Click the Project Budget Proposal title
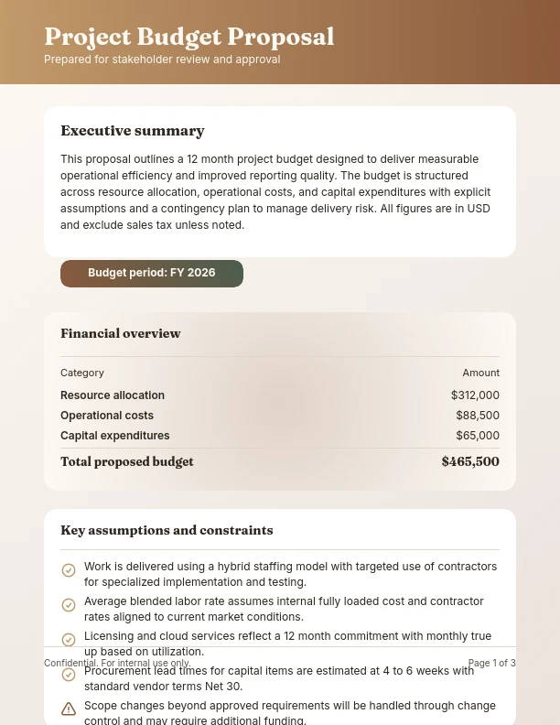[x=189, y=37]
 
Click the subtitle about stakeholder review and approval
[x=162, y=60]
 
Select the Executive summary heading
[x=133, y=131]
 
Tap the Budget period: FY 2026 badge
[x=152, y=273]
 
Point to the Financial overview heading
[x=121, y=333]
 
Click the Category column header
[x=82, y=373]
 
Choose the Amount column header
[x=480, y=373]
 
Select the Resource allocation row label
[x=113, y=395]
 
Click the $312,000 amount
[x=475, y=395]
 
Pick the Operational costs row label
[x=107, y=416]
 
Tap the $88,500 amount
[x=478, y=416]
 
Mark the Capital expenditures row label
[x=115, y=436]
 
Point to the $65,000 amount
[x=478, y=436]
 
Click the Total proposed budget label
[x=127, y=461]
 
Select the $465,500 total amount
[x=470, y=461]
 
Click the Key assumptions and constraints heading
[x=167, y=530]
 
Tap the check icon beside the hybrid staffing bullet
[x=69, y=570]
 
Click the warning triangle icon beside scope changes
[x=69, y=709]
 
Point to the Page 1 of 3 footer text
[x=491, y=663]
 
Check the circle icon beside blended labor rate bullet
[x=69, y=605]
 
